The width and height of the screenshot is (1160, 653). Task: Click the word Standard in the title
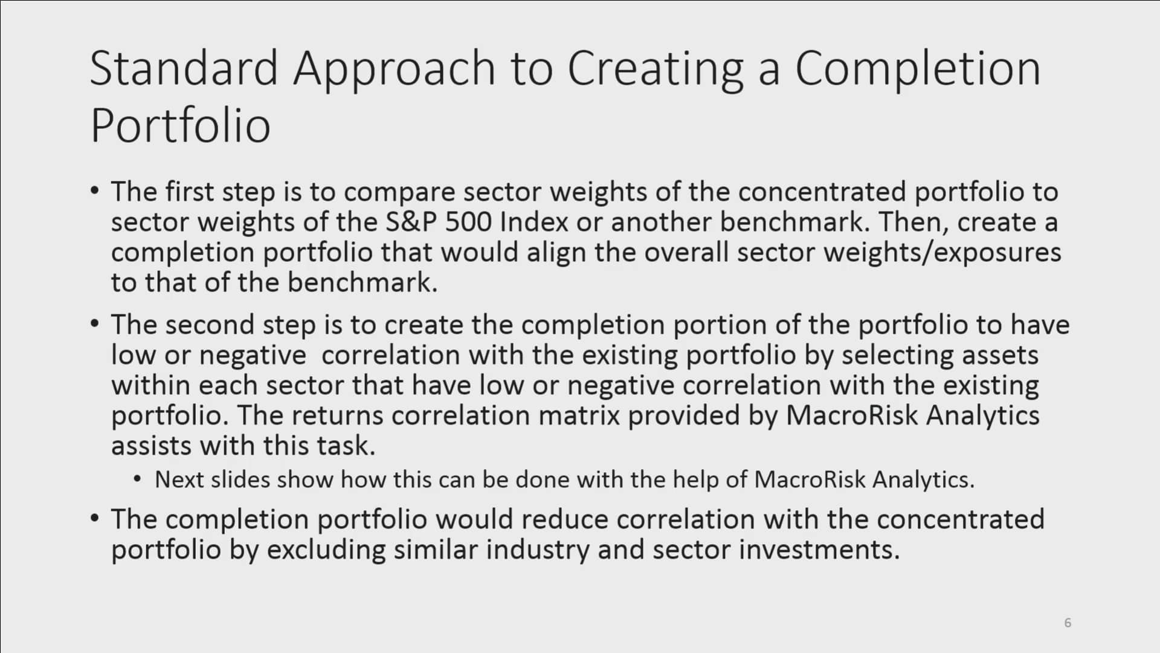click(x=184, y=68)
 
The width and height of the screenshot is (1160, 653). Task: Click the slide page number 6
click(x=1068, y=623)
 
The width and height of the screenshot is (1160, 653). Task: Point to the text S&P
click(x=411, y=222)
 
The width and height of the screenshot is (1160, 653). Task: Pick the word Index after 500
click(x=534, y=222)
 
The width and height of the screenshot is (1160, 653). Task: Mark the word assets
click(x=1000, y=355)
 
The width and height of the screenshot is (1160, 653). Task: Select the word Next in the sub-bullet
click(x=178, y=479)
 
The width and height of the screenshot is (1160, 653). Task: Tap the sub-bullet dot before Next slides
click(x=138, y=479)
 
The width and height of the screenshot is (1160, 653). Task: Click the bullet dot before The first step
click(x=94, y=191)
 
